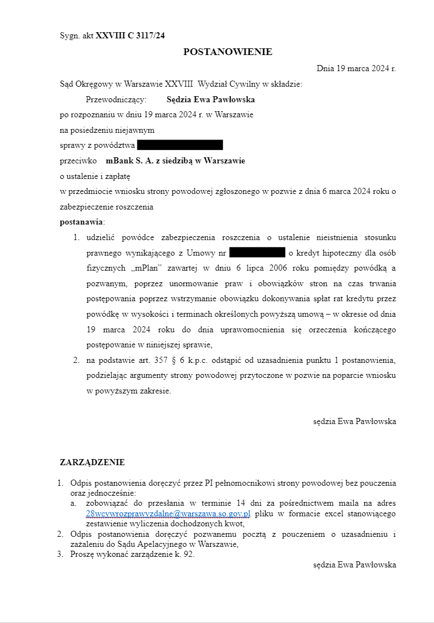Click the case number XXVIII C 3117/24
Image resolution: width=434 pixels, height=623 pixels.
[x=130, y=36]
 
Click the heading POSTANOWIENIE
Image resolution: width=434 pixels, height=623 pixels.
[x=228, y=52]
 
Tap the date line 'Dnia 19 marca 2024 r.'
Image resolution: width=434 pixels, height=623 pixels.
[x=356, y=68]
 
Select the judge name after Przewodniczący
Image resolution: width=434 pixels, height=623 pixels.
[x=210, y=100]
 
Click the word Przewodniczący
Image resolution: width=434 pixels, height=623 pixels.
[x=116, y=100]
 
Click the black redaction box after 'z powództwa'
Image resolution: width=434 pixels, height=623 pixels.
[x=180, y=146]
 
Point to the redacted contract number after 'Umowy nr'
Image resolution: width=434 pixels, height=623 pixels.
[x=257, y=253]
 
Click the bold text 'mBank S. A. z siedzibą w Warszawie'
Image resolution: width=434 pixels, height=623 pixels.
[x=175, y=161]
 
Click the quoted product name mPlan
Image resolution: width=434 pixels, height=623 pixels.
[x=146, y=268]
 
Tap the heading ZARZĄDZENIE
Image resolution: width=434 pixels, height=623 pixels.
[x=92, y=462]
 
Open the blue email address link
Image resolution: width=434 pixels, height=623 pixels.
[x=168, y=514]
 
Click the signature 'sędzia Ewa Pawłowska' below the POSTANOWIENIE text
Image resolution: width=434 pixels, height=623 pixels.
[x=354, y=421]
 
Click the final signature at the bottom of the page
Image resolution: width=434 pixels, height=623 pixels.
[x=354, y=565]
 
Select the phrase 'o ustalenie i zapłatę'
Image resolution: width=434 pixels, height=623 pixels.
[x=95, y=176]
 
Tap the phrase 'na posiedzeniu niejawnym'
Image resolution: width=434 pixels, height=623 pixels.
[x=107, y=130]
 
